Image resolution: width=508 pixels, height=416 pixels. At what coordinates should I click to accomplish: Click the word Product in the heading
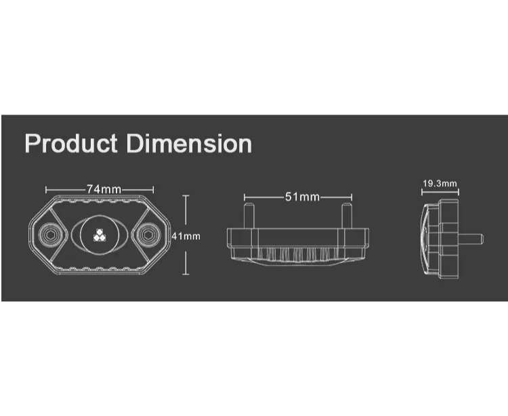[71, 144]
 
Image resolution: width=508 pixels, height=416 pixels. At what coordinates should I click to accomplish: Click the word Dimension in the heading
[189, 144]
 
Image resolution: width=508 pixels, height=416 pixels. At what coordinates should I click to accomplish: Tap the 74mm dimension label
[104, 189]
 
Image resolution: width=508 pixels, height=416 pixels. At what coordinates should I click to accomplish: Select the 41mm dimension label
[186, 236]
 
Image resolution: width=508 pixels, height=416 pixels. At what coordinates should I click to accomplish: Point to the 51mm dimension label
[302, 196]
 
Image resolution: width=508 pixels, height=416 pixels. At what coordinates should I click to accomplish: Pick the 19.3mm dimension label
[440, 184]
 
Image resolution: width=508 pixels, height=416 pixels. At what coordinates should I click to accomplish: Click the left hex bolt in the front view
[50, 235]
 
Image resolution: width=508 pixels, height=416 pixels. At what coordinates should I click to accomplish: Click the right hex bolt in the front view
[148, 235]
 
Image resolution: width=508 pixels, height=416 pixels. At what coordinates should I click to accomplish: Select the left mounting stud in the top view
[249, 215]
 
